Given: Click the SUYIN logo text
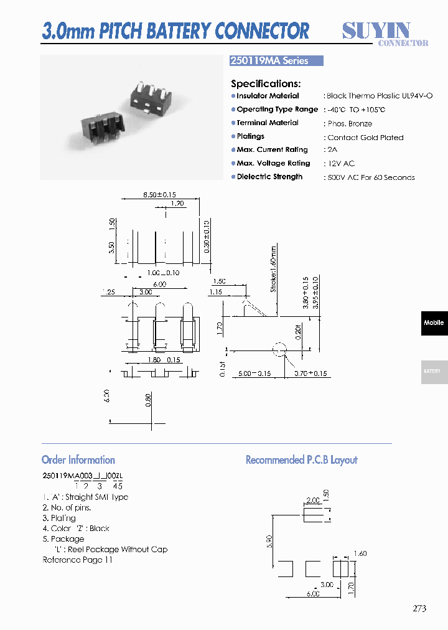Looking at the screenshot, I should (376, 30).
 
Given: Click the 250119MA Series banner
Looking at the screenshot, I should (277, 61).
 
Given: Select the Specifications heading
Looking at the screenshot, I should (266, 83).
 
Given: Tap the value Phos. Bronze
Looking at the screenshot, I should (350, 124).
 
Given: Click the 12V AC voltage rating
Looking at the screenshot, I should (341, 164).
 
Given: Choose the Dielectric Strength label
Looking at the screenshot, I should (269, 177).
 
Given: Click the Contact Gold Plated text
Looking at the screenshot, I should (365, 138).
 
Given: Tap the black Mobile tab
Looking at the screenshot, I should (434, 323).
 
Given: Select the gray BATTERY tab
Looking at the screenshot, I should (434, 372).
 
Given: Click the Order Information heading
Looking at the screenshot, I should (78, 460).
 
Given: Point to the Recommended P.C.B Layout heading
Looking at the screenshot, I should (302, 460).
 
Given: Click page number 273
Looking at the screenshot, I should (419, 608).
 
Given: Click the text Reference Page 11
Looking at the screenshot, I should (78, 560).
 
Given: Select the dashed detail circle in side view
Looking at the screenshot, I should (280, 350).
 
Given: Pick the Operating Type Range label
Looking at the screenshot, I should (277, 110).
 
